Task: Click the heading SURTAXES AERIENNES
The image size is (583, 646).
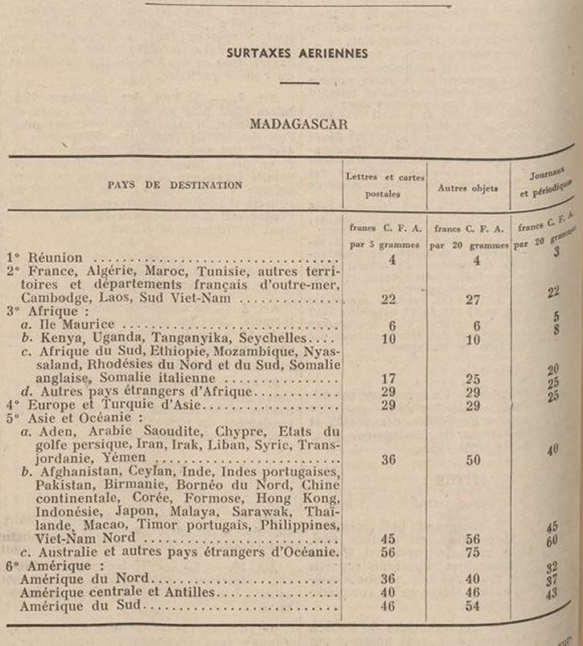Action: pyautogui.click(x=298, y=54)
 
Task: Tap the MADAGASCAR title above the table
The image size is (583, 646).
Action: pyautogui.click(x=298, y=125)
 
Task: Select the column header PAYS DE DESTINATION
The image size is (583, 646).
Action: pyautogui.click(x=174, y=185)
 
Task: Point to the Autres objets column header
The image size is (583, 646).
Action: pyautogui.click(x=467, y=189)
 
